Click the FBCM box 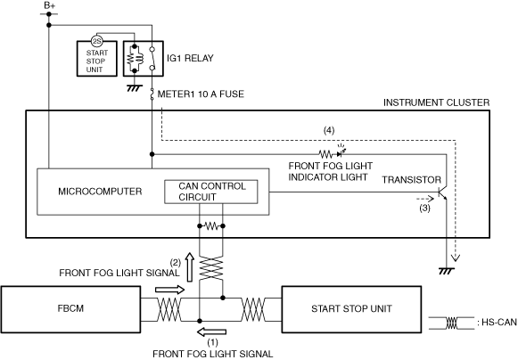coord(70,309)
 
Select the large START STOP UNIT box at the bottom coord(351,309)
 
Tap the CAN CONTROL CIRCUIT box coord(211,192)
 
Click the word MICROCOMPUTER coord(100,192)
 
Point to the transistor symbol coord(442,193)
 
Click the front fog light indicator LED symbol coord(341,151)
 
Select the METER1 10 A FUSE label coord(201,94)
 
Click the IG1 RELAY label coord(190,58)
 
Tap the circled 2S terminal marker coord(97,41)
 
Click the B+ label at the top coord(50,5)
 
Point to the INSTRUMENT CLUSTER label coord(436,102)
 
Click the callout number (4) coord(329,130)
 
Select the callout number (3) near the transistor coord(425,209)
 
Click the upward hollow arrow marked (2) coord(190,267)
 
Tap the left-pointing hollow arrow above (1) coord(211,331)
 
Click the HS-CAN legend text coord(497,322)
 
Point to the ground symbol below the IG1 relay coord(135,88)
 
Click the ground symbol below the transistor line coord(447,271)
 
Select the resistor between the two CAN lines coord(211,226)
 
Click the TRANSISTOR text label coord(412,180)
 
